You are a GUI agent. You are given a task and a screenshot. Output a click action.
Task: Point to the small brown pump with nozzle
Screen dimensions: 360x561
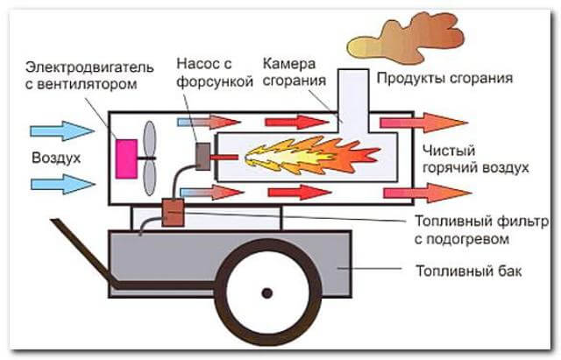click(x=202, y=157)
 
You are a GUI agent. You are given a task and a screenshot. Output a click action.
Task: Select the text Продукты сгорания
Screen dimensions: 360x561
click(x=444, y=79)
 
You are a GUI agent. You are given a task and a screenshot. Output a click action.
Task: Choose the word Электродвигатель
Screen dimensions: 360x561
click(x=89, y=67)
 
